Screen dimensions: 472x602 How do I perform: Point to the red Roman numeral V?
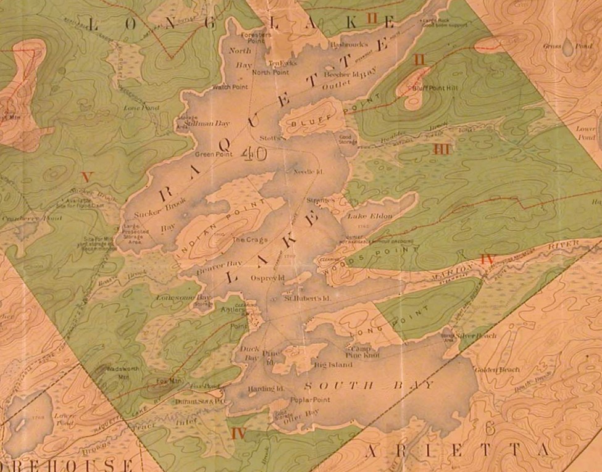tap(86, 177)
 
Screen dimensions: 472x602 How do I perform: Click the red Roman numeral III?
tap(441, 149)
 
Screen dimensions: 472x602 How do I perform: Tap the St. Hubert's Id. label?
tap(304, 298)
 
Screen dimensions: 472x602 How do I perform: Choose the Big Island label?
tap(333, 365)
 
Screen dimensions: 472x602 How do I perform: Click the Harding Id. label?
tap(265, 389)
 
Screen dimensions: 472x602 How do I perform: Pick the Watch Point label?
tap(230, 87)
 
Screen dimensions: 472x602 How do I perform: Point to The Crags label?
tap(246, 239)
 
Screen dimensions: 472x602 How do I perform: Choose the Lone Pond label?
tap(141, 107)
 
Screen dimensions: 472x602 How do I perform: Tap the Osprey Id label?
tap(265, 278)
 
